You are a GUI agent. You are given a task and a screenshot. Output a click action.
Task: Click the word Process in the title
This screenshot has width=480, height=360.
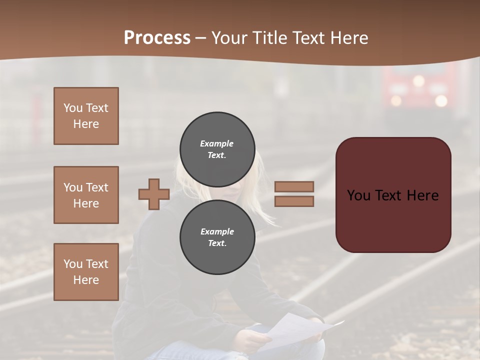pyautogui.click(x=157, y=38)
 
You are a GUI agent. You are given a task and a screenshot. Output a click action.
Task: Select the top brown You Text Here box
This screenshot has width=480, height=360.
pyautogui.click(x=86, y=116)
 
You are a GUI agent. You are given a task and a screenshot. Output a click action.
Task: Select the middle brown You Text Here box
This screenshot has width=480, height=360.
pyautogui.click(x=86, y=195)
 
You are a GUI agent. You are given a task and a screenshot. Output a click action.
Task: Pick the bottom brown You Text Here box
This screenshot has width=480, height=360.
pyautogui.click(x=86, y=271)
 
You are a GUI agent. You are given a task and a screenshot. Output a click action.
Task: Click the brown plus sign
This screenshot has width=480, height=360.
pyautogui.click(x=154, y=194)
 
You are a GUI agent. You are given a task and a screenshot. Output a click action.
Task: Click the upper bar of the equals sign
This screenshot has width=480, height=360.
pyautogui.click(x=294, y=186)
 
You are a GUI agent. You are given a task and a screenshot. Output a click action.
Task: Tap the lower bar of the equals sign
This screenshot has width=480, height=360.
pyautogui.click(x=294, y=201)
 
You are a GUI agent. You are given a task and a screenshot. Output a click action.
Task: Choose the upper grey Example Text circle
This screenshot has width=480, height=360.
pyautogui.click(x=217, y=149)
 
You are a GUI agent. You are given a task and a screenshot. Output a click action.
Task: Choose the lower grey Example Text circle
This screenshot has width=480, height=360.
pyautogui.click(x=217, y=237)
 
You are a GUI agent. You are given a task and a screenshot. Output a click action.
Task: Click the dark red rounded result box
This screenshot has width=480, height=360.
pyautogui.click(x=393, y=194)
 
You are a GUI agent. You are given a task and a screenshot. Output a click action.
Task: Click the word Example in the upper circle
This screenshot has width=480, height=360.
pyautogui.click(x=216, y=143)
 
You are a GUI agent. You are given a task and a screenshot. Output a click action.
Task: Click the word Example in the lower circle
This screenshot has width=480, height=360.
pyautogui.click(x=217, y=231)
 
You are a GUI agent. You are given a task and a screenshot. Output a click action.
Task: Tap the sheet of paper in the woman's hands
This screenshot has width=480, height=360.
pyautogui.click(x=295, y=332)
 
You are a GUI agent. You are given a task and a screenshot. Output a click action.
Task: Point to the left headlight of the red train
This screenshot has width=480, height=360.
pyautogui.click(x=396, y=100)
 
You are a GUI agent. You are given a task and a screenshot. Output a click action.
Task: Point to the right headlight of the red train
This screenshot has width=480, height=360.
pyautogui.click(x=440, y=100)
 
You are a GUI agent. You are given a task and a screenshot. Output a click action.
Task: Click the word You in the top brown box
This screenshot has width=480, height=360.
pyautogui.click(x=72, y=108)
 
